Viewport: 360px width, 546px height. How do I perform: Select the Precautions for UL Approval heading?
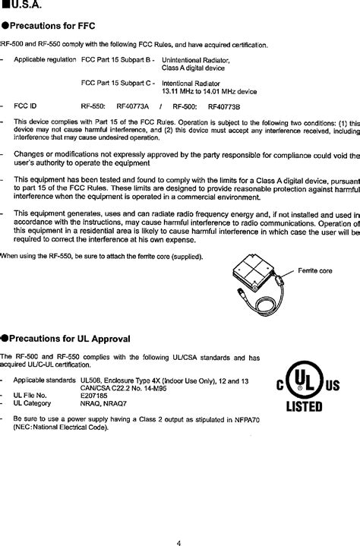point(68,338)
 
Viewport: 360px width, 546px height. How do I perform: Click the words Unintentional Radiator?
point(196,59)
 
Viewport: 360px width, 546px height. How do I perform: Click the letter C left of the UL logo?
point(278,386)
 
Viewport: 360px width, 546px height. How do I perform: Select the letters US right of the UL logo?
point(333,386)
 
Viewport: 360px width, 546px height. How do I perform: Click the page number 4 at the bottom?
point(178,522)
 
